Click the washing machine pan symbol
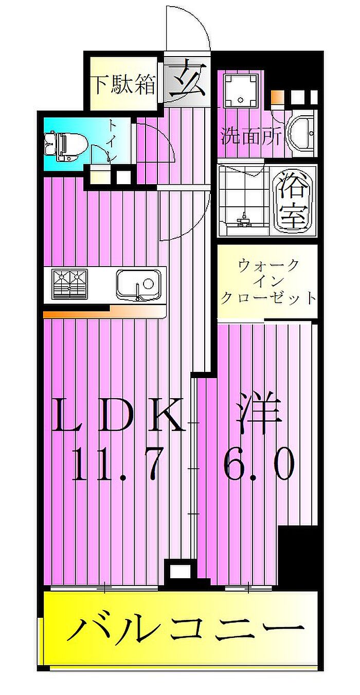[x=242, y=91]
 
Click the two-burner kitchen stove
[x=70, y=284]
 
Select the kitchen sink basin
[x=139, y=284]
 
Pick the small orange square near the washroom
[x=275, y=98]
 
